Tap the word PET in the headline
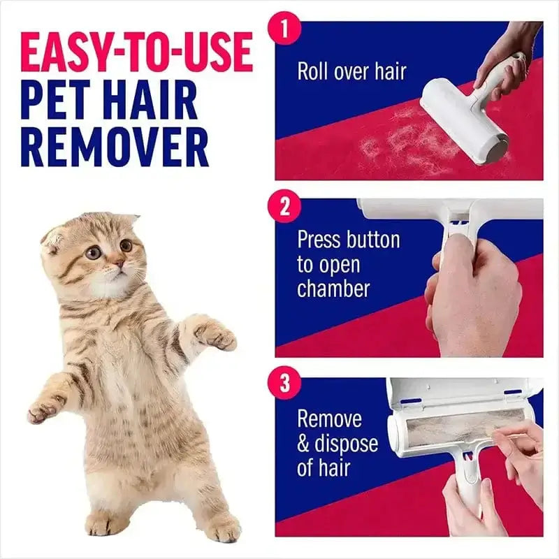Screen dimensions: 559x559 (59, 101)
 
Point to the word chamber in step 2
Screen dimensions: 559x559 (333, 289)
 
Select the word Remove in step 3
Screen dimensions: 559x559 (330, 419)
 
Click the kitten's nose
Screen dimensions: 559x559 (120, 263)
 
